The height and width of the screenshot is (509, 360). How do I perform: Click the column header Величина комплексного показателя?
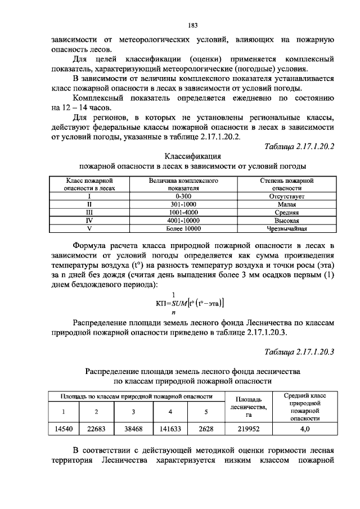point(183,185)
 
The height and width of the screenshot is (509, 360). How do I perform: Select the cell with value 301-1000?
point(183,205)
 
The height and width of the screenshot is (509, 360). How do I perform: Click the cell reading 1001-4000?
point(183,213)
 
